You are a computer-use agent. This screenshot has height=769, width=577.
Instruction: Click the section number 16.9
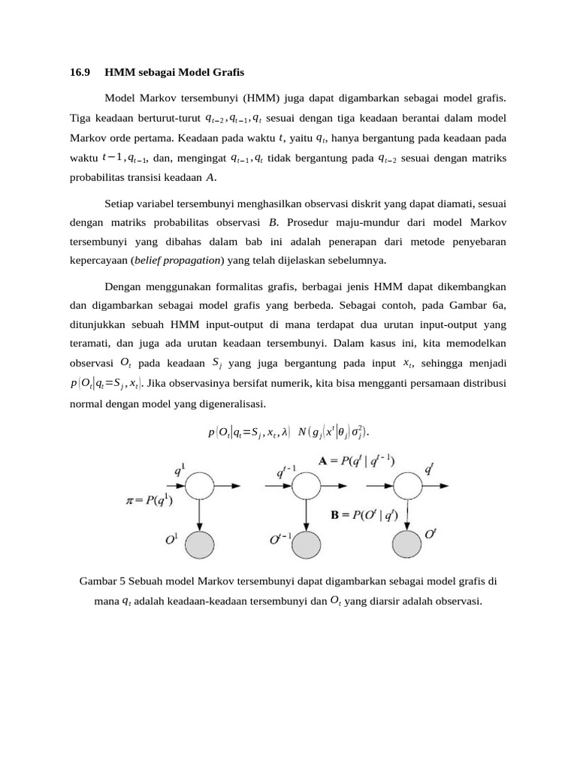80,73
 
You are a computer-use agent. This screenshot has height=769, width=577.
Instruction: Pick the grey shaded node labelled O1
200,543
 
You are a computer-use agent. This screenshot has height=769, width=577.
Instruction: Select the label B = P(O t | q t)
367,515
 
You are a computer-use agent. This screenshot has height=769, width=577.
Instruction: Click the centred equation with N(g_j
288,432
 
